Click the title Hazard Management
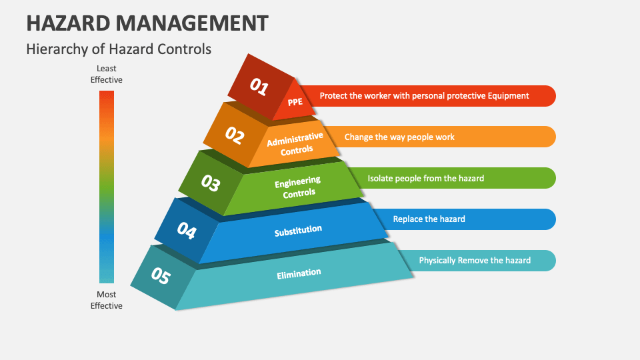click(147, 23)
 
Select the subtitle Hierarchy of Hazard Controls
click(119, 49)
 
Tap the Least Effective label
click(107, 74)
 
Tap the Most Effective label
click(107, 300)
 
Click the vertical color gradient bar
click(107, 187)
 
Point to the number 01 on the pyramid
click(259, 87)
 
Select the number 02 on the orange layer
click(235, 135)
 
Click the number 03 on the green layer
click(211, 183)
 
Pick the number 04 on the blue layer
click(187, 231)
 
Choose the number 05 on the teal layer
click(161, 276)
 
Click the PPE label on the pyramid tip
click(295, 102)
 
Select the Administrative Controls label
click(295, 143)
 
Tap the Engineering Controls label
click(297, 187)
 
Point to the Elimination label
click(299, 273)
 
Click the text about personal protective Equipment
click(424, 96)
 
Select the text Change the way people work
click(399, 137)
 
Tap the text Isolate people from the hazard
click(425, 178)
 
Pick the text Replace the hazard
click(429, 219)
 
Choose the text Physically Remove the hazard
click(475, 261)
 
